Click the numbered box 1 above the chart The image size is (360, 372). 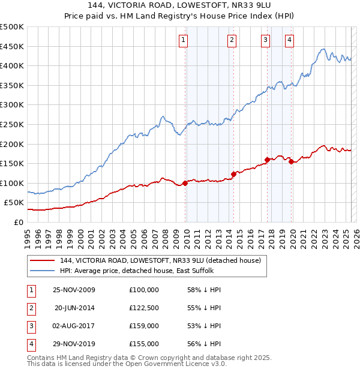(x=183, y=40)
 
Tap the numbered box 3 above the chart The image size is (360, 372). (x=265, y=40)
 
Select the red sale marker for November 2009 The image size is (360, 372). (x=185, y=183)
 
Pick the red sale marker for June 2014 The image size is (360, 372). (x=233, y=175)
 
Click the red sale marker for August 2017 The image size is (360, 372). (x=267, y=160)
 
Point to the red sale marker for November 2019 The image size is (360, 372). (x=291, y=161)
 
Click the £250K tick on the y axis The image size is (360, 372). (x=12, y=124)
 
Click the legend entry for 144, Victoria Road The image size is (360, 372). (x=160, y=260)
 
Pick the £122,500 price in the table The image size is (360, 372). (x=144, y=307)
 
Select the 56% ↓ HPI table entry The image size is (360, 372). (x=205, y=344)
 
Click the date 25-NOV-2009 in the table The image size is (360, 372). (x=74, y=289)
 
